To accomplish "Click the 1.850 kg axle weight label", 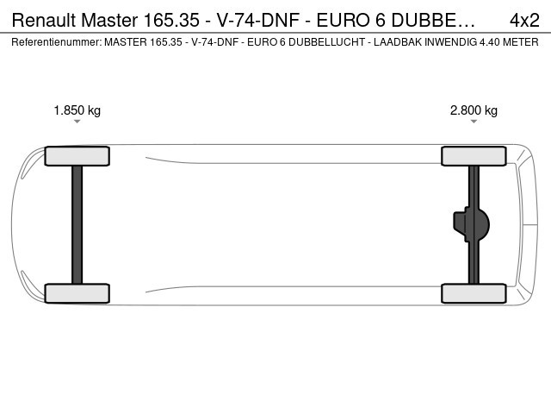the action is point(77,110).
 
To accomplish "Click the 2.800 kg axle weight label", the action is point(474,110).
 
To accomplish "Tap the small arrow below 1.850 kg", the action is point(77,122).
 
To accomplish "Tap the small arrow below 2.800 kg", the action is point(474,122).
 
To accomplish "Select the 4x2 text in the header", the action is point(524,21).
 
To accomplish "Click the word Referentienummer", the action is point(57,42).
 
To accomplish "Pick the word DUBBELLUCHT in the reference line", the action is point(327,42).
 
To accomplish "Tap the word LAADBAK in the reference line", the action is point(398,42).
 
